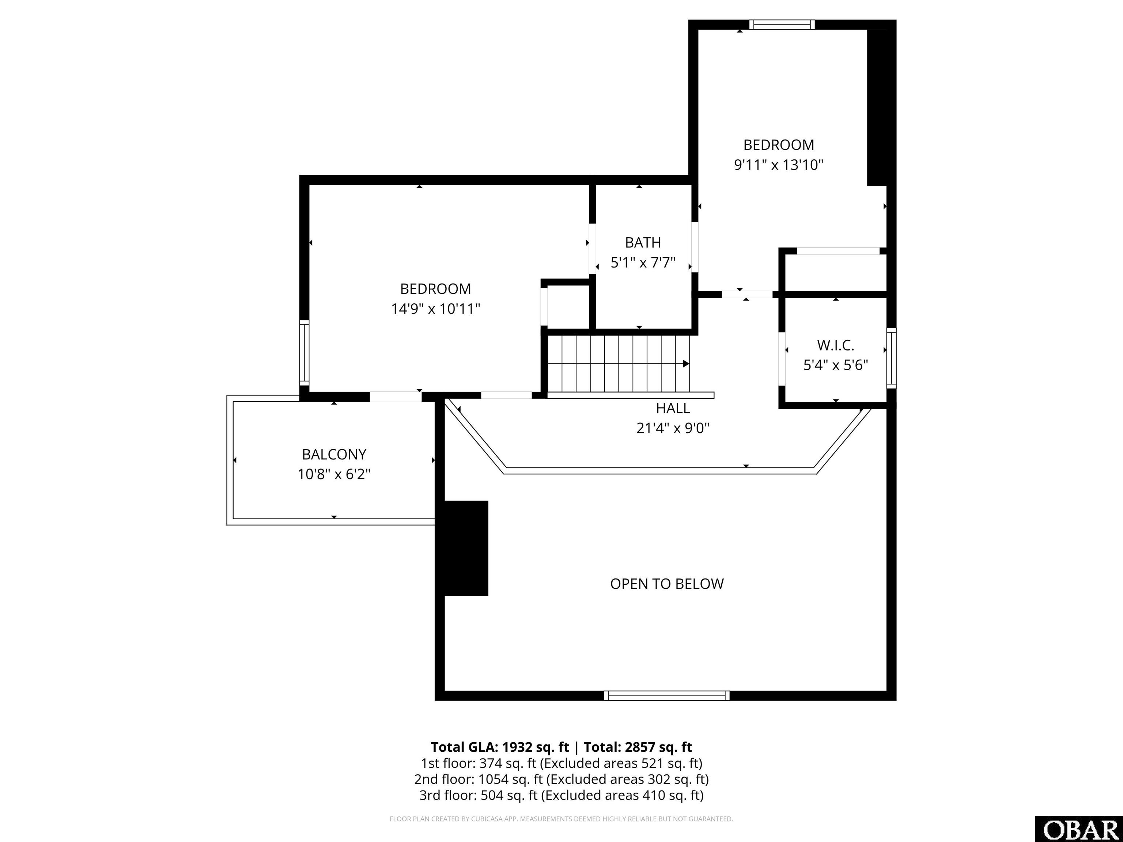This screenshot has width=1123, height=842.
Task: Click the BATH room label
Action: [643, 243]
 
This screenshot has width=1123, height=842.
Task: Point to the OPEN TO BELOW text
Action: [666, 584]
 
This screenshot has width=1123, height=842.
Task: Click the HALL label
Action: [673, 408]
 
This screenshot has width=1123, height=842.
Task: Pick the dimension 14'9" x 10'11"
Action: [435, 308]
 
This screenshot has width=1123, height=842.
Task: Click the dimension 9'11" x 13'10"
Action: [778, 165]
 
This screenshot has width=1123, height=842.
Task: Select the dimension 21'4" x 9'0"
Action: [673, 428]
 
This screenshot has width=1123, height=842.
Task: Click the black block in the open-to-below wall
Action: [466, 548]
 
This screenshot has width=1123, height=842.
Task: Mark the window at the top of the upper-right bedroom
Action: [782, 24]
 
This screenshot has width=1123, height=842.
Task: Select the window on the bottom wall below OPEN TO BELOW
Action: [666, 696]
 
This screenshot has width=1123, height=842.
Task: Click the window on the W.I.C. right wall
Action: [891, 358]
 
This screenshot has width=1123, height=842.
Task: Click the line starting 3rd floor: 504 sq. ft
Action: [561, 795]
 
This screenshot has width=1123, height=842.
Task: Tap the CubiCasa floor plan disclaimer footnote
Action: [561, 819]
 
